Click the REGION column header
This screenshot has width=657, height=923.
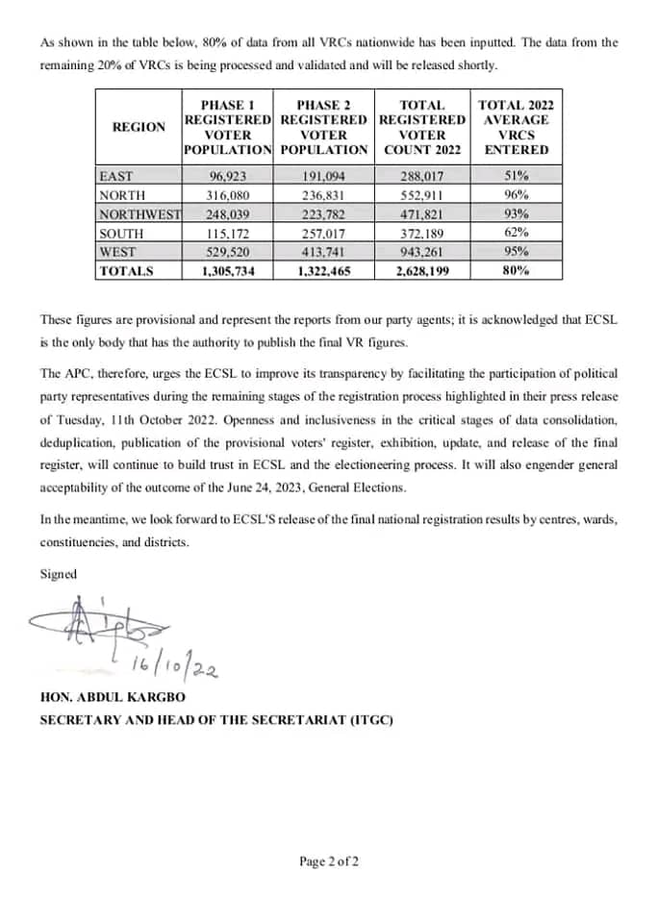[139, 127]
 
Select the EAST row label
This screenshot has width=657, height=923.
[116, 177]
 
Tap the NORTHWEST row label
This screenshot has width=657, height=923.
[139, 214]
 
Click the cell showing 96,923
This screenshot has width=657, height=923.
[228, 177]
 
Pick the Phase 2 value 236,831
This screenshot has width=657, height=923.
[323, 195]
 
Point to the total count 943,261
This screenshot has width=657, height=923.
[421, 252]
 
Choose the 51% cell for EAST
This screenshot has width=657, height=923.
[517, 177]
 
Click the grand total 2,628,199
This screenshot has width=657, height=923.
[421, 271]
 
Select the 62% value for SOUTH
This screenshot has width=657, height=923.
[517, 233]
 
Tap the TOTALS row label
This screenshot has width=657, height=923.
[126, 271]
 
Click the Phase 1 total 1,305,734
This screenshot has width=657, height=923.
[228, 271]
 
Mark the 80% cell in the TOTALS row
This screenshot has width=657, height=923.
[517, 271]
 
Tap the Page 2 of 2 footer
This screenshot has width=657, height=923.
[329, 861]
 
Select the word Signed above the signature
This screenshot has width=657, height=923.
[57, 574]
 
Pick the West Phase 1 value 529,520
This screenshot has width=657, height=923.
[228, 252]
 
